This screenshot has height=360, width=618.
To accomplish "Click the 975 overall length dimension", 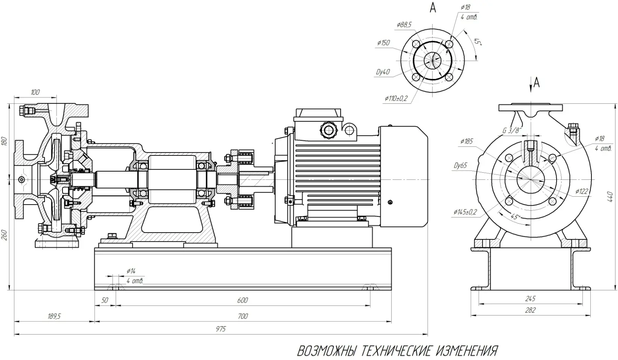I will coord(221,329).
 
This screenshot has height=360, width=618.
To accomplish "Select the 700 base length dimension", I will coord(243,316).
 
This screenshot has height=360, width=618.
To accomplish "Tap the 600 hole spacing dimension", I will coord(243,300).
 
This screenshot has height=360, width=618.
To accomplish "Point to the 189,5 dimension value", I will coord(54,316).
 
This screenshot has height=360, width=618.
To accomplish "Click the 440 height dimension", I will coord(610,196).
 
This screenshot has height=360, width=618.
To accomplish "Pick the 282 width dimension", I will coord(530,310).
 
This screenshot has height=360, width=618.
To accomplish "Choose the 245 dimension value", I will coord(530,299).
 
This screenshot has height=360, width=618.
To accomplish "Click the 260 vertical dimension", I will coord(4,235).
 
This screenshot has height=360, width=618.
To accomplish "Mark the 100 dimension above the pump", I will coord(35,92).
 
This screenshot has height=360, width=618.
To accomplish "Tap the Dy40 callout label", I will coord(383,72).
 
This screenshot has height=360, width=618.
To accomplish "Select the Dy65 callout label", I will coord(460,166).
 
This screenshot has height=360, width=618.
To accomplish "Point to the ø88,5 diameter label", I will coord(404,25).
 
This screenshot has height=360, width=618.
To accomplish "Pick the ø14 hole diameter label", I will coord(131,271).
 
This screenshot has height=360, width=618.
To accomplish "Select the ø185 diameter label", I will coord(466,141).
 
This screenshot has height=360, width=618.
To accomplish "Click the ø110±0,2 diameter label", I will coord(396,99).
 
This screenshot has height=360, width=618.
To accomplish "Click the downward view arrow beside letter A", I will coord(531,85).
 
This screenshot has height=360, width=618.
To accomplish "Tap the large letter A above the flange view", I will coord(433,7).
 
